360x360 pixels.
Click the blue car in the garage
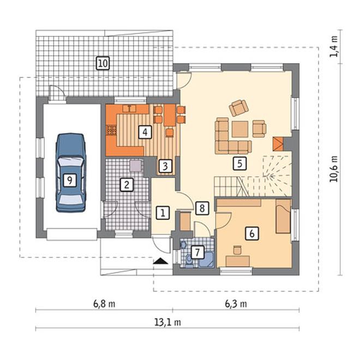tap(71, 172)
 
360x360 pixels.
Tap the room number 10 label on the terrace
tap(103, 63)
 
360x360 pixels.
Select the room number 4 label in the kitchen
tap(145, 132)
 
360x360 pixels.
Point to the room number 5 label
tap(239, 164)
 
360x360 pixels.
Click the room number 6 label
tap(252, 233)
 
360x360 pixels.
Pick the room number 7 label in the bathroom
tap(197, 252)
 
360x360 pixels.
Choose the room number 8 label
tap(202, 208)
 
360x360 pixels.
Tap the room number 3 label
tap(165, 166)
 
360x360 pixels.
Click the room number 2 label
tap(127, 184)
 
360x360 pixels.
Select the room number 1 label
tap(163, 213)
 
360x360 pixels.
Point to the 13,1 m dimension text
tap(167, 322)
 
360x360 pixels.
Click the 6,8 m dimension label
tap(104, 304)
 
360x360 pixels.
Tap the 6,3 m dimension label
tap(236, 304)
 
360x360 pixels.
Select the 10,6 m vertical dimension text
tap(334, 169)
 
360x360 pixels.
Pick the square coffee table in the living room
tap(240, 129)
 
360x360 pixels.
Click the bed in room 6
tap(283, 216)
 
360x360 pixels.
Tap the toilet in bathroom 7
tap(189, 261)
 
